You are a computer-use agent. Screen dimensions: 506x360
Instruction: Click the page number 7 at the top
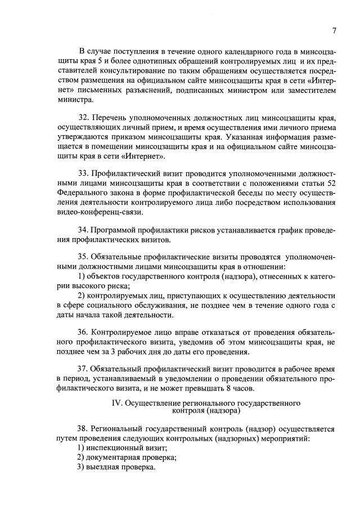point(334,30)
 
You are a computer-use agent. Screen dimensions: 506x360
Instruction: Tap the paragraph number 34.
point(83,231)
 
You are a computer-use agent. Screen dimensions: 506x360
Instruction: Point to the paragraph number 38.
point(83,428)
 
